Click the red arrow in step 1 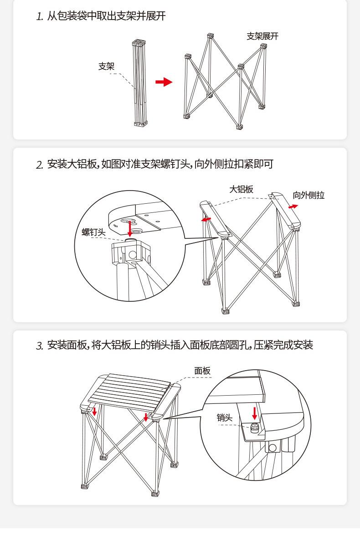[164, 82]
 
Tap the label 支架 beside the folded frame [106, 66]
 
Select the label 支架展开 [262, 36]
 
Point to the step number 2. [39, 165]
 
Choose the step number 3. [39, 346]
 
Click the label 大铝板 [241, 189]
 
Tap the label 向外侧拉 [309, 195]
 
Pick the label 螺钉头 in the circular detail [93, 232]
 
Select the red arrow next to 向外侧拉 [293, 206]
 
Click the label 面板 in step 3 [202, 371]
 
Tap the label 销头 [225, 418]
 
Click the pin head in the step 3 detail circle [254, 428]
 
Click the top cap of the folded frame [139, 43]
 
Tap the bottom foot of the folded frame [141, 123]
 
